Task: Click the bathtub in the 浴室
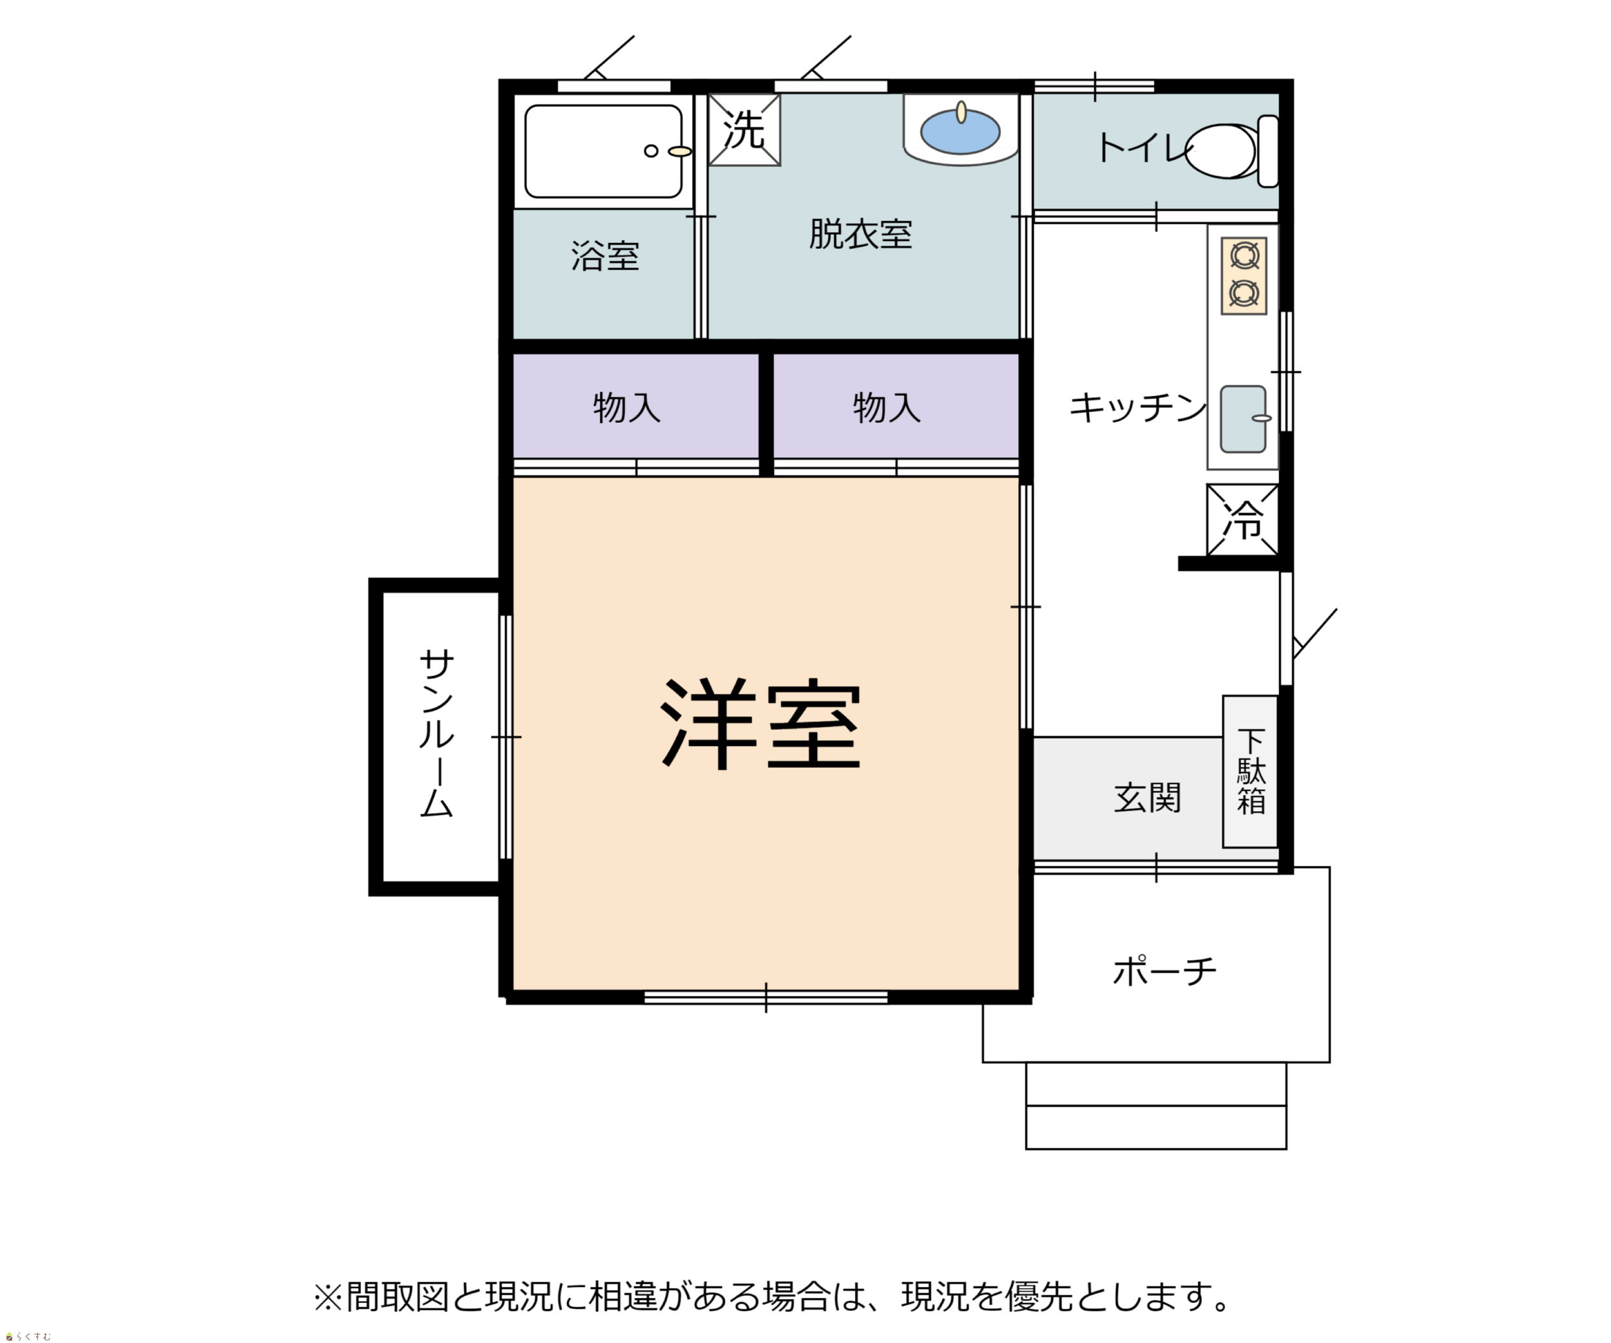[x=603, y=151]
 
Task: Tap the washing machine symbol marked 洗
[x=744, y=130]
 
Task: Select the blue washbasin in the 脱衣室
[x=960, y=132]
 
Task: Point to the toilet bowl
[x=1232, y=151]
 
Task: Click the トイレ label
[x=1141, y=148]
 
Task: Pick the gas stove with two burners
[x=1244, y=275]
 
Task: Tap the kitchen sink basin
[x=1243, y=419]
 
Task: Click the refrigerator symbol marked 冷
[x=1242, y=520]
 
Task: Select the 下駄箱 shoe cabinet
[x=1249, y=771]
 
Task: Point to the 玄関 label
[x=1147, y=798]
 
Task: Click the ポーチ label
[x=1164, y=971]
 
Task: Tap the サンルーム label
[x=436, y=733]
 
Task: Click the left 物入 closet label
[x=627, y=407]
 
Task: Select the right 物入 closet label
[x=887, y=407]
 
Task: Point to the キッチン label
[x=1137, y=407]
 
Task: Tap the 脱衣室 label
[x=860, y=234]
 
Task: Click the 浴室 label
[x=605, y=257]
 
